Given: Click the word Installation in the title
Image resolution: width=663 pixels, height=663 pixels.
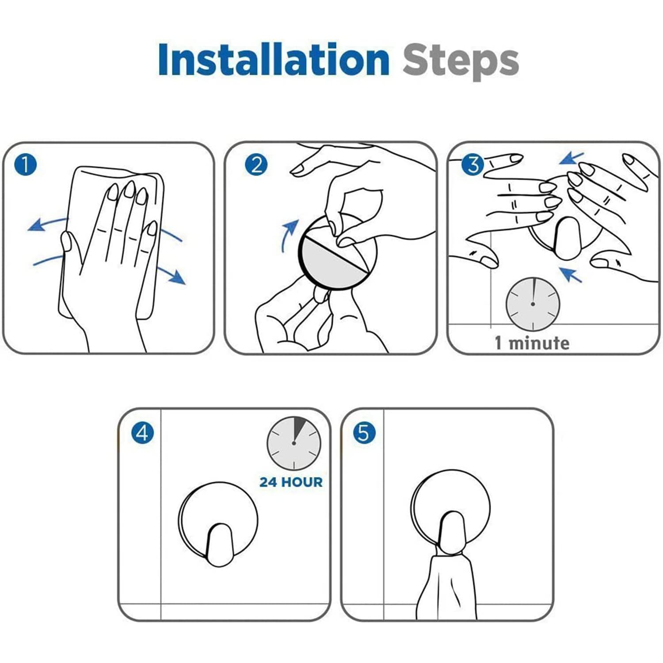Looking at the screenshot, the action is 274,59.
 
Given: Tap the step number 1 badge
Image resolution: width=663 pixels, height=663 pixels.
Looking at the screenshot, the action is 25,164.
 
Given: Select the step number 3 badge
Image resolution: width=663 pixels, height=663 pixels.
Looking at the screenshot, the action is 472,165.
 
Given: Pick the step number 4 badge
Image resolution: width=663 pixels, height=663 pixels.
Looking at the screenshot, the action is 142,433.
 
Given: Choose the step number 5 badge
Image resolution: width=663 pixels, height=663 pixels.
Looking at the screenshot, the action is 364,433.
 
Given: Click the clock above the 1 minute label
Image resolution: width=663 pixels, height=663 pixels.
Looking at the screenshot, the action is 533,304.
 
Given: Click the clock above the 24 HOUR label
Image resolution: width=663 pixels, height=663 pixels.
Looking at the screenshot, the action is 294,443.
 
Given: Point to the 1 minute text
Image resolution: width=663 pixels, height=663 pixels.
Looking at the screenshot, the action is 532,343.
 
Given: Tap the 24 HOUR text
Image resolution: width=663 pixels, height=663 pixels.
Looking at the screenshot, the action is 291,482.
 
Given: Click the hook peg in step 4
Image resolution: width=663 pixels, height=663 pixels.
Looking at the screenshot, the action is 219,545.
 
